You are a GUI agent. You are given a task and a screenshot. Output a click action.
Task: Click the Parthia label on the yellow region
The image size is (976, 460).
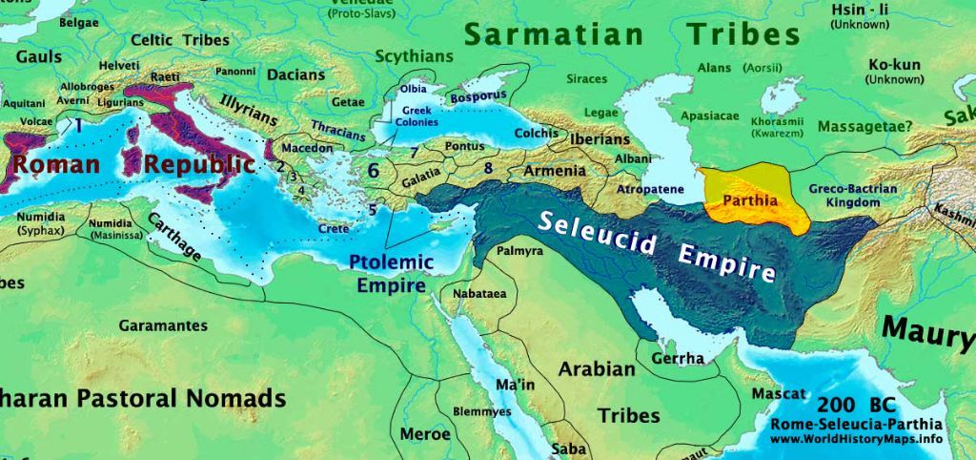(x=751, y=201)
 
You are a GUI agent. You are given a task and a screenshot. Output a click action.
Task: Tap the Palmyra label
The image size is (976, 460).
(x=520, y=251)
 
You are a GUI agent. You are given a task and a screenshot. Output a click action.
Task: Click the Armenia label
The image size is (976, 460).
(x=554, y=171)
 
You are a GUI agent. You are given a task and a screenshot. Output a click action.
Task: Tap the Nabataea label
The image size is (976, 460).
(x=479, y=293)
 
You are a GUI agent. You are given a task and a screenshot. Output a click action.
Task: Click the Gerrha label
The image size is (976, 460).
(x=677, y=359)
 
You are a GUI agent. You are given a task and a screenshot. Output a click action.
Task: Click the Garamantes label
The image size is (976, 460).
(x=163, y=325)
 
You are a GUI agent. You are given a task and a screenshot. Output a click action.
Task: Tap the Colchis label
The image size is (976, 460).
(x=536, y=134)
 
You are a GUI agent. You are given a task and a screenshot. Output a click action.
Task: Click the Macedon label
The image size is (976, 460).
(x=307, y=149)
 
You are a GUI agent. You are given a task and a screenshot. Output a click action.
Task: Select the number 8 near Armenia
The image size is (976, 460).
(x=488, y=168)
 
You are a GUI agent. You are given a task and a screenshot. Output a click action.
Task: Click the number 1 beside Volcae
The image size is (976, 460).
(x=79, y=124)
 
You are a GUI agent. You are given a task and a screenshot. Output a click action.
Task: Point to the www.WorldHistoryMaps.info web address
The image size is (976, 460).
(x=856, y=439)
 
